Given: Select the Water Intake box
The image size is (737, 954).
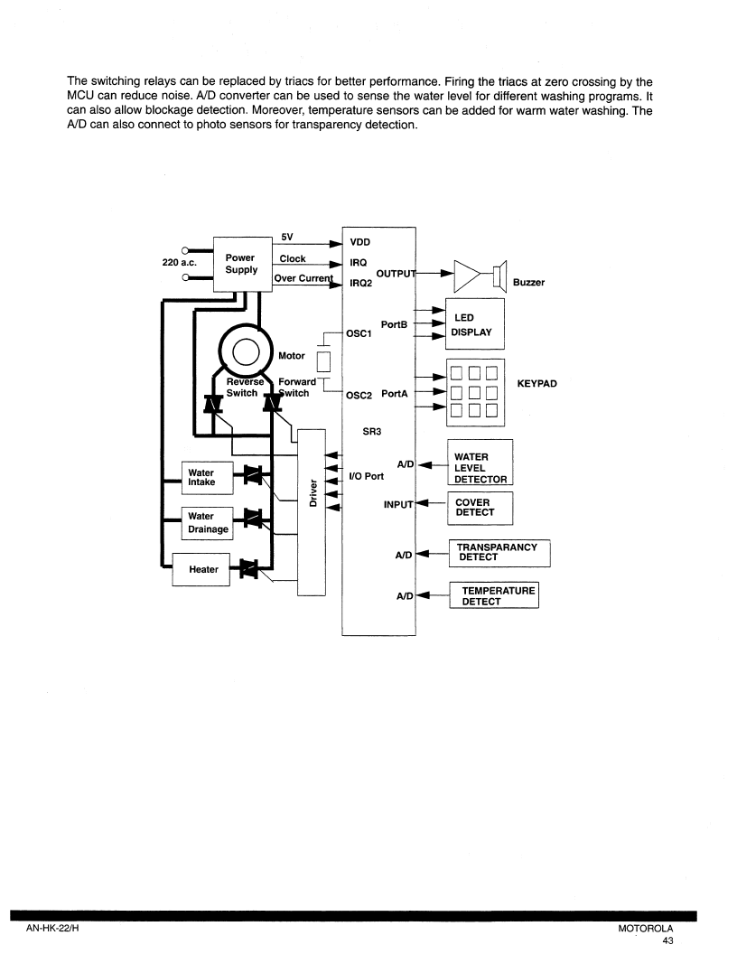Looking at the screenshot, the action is click(x=208, y=478).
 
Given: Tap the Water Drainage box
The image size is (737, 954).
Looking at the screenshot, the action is click(x=208, y=523).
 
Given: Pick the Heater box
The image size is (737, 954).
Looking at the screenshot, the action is click(x=201, y=569).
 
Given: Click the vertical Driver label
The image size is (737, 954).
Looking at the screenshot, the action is click(x=313, y=493).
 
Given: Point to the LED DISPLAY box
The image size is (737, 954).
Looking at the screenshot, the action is click(x=475, y=323).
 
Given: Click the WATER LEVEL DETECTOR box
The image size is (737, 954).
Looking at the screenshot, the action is click(x=480, y=463).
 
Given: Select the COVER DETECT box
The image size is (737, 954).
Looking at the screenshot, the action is click(x=480, y=508).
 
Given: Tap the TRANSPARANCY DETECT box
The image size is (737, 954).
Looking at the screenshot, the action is click(x=499, y=553).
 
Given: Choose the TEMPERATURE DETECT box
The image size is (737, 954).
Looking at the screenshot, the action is click(x=494, y=595).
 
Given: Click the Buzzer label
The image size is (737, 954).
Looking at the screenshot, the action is click(x=528, y=282).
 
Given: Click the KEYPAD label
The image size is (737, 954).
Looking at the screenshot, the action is click(x=536, y=383).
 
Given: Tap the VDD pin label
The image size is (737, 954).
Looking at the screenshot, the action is click(x=360, y=242).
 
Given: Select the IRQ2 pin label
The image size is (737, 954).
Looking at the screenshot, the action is click(x=360, y=283).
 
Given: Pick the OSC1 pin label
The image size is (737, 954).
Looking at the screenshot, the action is click(x=359, y=333).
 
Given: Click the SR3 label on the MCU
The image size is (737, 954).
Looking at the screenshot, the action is click(x=371, y=431).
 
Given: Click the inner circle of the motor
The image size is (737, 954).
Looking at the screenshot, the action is click(x=247, y=352).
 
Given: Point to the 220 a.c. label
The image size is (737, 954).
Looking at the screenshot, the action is click(x=179, y=262).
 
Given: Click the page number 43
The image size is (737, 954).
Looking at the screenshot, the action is click(x=667, y=940).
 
